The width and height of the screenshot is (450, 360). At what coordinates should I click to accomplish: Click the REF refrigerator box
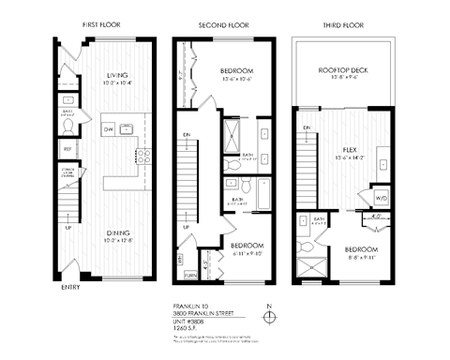coord(68,148)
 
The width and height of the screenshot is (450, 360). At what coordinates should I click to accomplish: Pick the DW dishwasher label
coord(109,129)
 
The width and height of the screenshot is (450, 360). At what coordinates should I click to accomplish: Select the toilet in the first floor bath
coord(70,102)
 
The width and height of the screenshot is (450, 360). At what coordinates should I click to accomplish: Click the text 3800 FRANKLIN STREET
coord(202,312)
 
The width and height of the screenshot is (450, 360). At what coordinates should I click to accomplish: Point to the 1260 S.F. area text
coord(189,327)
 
